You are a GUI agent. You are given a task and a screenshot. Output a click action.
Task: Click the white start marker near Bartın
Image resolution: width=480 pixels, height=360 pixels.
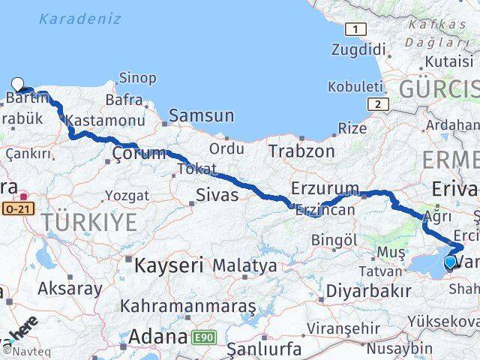(x=18, y=85)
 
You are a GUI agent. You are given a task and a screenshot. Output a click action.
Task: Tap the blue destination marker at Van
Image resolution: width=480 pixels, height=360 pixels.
(x=450, y=262)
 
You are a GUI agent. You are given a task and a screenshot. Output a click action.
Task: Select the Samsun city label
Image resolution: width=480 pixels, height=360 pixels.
(x=201, y=115)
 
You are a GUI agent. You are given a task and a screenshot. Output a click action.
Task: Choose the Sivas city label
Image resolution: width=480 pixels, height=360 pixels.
(x=216, y=196)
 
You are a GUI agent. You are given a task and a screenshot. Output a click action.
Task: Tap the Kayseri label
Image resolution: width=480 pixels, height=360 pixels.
(x=169, y=265)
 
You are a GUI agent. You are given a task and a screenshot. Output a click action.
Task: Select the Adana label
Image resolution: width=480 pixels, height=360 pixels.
(x=157, y=337)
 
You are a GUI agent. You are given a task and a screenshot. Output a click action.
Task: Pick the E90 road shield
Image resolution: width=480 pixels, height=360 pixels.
(x=204, y=337)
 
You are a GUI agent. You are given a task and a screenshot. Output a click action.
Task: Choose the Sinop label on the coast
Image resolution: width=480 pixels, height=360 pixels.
(x=138, y=78)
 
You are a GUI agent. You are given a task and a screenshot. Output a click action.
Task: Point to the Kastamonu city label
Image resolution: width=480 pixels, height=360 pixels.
(x=105, y=120)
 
